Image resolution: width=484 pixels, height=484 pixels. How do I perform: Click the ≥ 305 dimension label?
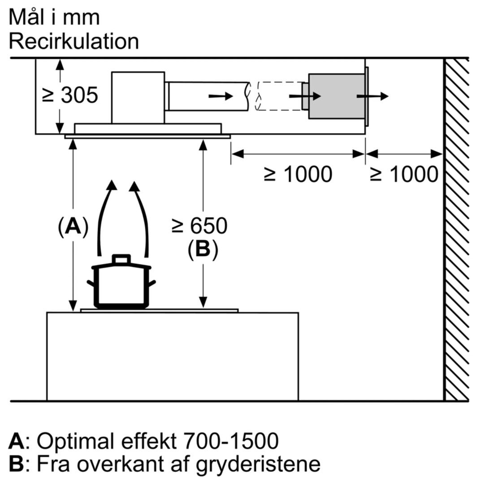[69, 95]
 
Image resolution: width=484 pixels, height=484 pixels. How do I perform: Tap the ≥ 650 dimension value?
[199, 226]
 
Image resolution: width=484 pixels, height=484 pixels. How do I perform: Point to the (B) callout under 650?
[203, 250]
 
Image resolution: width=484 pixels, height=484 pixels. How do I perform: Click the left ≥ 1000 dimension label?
[298, 174]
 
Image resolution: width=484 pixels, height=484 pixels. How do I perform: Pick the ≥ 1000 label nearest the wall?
[403, 174]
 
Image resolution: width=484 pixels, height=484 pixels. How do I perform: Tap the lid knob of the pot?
[121, 259]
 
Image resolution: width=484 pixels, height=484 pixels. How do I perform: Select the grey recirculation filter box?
[336, 96]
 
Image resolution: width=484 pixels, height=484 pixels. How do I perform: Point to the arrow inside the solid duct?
[220, 96]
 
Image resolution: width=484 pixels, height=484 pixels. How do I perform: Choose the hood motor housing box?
[138, 97]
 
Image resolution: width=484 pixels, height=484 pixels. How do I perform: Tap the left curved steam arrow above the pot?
[106, 215]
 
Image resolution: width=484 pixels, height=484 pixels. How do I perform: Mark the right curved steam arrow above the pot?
[142, 215]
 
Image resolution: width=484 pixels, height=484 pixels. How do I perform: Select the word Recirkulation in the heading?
[73, 42]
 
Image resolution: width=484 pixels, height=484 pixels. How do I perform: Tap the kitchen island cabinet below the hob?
[173, 356]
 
